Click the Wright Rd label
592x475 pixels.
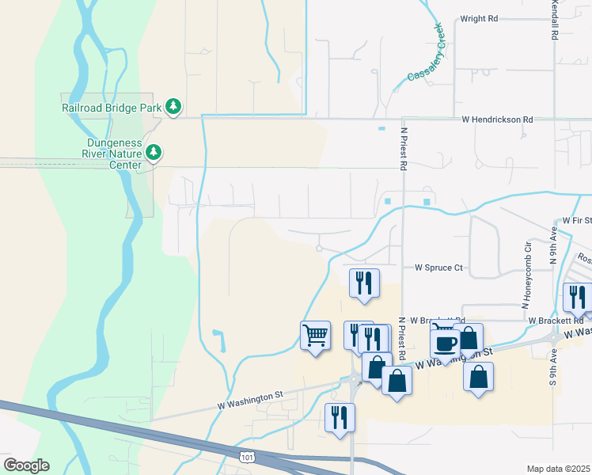coord(479,18)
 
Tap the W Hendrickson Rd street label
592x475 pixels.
coord(497,119)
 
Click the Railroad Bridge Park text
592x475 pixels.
coord(112,107)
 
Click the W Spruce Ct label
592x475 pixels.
coord(438,268)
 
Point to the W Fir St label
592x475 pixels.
coord(576,220)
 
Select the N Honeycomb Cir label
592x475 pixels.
coord(525,276)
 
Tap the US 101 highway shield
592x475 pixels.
coord(246,457)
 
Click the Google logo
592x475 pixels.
coord(26,465)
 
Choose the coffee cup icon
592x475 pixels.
coord(445,344)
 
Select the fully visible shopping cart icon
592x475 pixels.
coord(315,336)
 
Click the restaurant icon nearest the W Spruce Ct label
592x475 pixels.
coord(364,283)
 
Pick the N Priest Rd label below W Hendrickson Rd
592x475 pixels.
coord(403,150)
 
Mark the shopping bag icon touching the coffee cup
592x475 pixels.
coord(468,339)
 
